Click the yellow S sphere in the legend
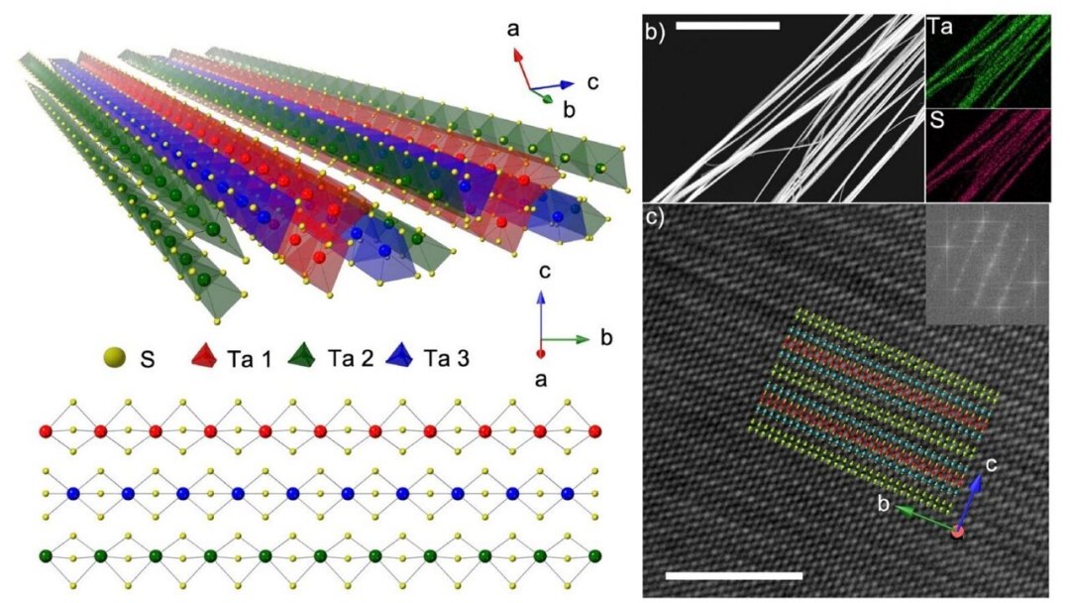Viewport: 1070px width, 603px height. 114,357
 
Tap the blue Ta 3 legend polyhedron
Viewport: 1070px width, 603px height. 398,356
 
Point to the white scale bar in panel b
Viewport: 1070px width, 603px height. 727,26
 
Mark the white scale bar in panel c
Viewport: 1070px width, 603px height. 733,575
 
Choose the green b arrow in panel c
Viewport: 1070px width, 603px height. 926,518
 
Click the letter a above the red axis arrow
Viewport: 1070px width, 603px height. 513,29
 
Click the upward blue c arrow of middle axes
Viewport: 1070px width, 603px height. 541,315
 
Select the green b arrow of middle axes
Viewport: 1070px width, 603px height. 566,339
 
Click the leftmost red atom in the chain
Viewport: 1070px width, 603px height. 47,431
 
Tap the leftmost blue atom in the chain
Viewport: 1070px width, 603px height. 73,493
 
